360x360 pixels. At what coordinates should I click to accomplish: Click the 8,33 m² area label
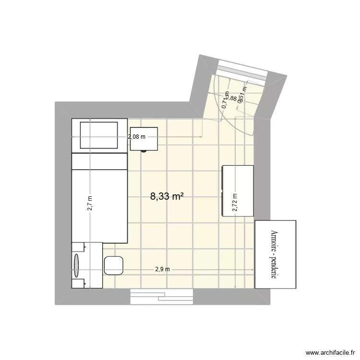coord(168,196)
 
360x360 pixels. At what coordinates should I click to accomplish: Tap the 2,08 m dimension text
coord(136,136)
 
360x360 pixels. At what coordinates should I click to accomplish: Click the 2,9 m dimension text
coord(162,269)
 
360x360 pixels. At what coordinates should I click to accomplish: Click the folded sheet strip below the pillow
coord(99,161)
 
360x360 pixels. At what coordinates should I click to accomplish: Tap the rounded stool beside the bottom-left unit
coord(114,265)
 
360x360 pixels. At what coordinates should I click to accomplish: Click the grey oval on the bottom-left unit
coord(77,265)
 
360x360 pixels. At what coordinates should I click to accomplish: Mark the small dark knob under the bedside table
coord(143,151)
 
